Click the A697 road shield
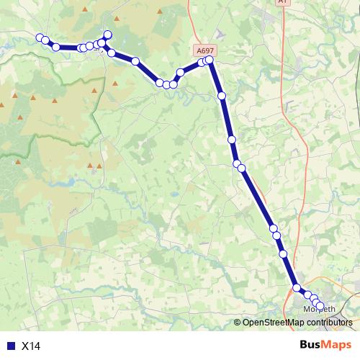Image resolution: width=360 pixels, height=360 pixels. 204,51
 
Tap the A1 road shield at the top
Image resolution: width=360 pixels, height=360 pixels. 282,2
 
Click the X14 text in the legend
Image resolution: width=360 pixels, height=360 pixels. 31,346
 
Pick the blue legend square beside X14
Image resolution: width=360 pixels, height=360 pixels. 9,346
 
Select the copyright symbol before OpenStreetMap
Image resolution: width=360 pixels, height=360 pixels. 238,323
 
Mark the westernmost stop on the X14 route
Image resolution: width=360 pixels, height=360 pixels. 40,37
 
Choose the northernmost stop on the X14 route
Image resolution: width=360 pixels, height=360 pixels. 108,35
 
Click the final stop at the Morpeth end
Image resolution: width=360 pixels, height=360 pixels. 320,306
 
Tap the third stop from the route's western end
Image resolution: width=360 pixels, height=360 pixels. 55,47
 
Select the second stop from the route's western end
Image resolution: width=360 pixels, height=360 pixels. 45,40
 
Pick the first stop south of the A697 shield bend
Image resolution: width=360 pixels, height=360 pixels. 222,95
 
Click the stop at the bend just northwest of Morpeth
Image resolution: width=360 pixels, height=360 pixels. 297,288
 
